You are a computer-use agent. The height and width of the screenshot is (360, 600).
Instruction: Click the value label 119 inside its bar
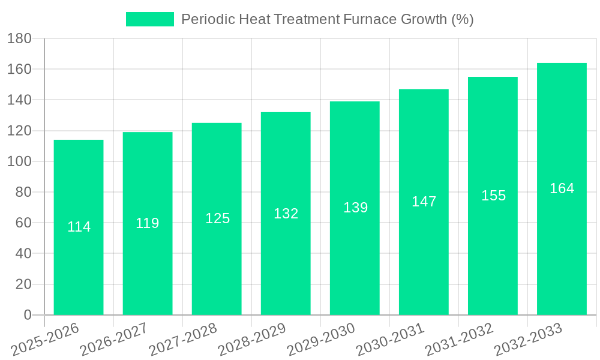click(148, 223)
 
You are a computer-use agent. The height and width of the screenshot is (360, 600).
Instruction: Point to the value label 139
click(356, 208)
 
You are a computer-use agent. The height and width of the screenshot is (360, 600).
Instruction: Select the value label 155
click(494, 196)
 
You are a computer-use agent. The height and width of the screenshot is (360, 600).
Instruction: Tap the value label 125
click(217, 218)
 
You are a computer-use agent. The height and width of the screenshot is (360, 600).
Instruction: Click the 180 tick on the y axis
click(19, 38)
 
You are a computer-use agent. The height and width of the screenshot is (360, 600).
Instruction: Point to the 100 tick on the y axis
click(19, 161)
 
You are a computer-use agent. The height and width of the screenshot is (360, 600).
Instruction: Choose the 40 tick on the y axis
click(23, 254)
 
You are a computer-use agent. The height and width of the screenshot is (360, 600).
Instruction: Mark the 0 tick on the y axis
click(28, 315)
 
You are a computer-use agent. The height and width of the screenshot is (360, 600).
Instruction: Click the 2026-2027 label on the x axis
click(114, 339)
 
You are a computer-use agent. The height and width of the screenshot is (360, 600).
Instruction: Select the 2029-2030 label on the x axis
click(321, 339)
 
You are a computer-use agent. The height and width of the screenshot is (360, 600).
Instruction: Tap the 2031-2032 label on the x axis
click(459, 339)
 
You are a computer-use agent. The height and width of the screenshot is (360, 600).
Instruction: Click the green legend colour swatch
click(149, 19)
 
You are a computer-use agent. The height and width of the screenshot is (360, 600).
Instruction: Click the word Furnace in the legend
click(368, 19)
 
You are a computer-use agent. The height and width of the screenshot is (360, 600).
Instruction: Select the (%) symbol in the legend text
click(462, 19)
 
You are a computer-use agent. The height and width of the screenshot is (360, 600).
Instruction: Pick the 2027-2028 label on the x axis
click(183, 339)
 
